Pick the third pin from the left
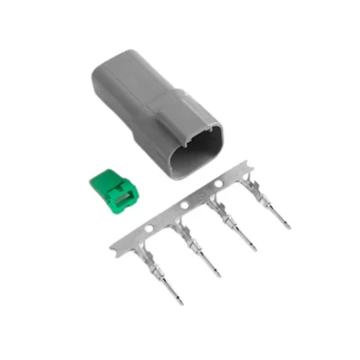point(238,229)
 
